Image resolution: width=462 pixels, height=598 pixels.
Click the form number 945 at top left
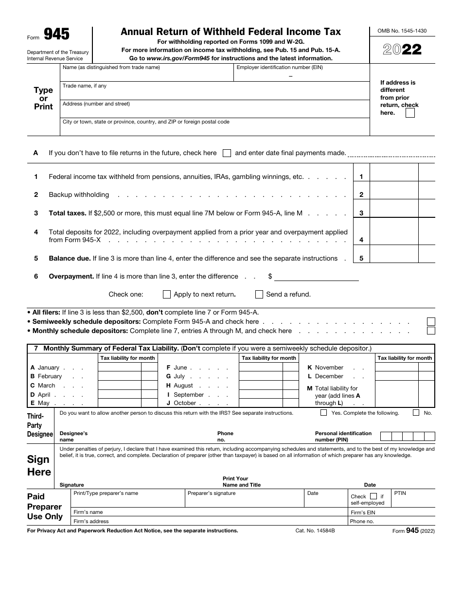56,34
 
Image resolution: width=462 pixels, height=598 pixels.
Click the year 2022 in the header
402,50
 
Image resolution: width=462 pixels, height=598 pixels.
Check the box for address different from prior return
410,113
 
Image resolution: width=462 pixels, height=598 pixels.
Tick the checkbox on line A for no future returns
227,153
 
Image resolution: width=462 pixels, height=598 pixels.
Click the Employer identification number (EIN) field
302,75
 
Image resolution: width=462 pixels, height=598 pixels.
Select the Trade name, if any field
214,92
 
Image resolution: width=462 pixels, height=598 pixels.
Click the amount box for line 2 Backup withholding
393,194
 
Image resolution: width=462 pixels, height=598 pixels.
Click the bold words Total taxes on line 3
67,213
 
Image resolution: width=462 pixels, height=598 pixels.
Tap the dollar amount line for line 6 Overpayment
316,277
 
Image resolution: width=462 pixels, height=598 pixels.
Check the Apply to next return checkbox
167,294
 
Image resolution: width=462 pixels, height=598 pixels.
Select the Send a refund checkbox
259,294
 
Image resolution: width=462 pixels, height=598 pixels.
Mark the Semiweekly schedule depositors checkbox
431,322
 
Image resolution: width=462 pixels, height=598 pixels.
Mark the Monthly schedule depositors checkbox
431,331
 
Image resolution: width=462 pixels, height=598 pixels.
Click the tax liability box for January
120,368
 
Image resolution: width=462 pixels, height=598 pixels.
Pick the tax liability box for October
261,403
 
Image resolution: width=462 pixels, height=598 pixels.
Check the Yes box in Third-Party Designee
324,413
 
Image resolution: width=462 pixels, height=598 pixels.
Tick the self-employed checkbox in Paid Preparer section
373,496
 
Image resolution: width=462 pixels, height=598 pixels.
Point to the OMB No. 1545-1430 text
402,31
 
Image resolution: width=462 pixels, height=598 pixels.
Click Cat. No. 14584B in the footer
315,531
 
